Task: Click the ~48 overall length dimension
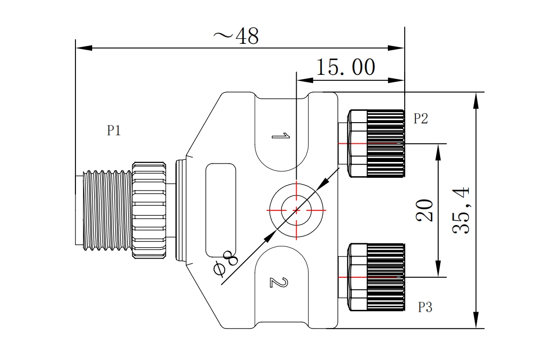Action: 236,36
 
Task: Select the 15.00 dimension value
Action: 345,67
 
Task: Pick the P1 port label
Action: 114,131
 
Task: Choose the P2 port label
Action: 420,119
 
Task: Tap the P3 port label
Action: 425,308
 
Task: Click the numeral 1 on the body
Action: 279,135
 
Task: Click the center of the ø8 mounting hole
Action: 296,210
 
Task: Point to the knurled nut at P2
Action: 385,143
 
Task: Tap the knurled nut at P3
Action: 385,277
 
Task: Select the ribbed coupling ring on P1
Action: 149,210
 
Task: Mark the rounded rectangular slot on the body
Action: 220,210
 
